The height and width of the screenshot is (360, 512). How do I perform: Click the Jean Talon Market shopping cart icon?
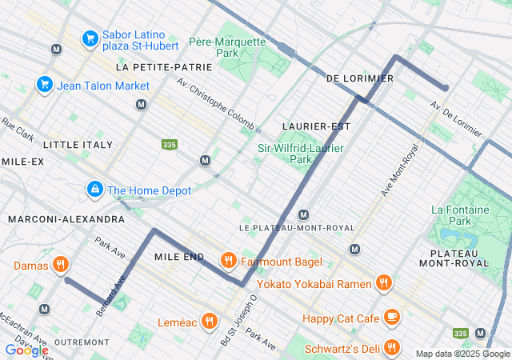tap(44, 85)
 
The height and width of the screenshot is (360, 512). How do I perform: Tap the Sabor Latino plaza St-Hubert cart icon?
tap(90, 38)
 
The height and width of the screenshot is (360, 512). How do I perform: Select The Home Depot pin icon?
tap(94, 190)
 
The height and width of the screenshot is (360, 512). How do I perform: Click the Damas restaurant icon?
tap(60, 264)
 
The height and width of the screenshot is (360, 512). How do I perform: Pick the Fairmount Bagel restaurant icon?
tap(228, 261)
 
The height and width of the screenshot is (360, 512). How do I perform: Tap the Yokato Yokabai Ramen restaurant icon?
tap(383, 283)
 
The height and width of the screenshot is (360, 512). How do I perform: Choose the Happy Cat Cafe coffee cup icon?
tap(391, 318)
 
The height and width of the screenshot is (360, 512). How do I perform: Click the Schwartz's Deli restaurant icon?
tap(391, 347)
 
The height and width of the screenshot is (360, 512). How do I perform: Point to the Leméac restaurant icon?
tap(209, 321)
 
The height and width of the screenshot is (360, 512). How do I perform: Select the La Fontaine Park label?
tap(460, 214)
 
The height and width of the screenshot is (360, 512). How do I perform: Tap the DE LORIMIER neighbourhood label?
tap(360, 78)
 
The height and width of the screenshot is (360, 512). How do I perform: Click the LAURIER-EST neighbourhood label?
tap(317, 126)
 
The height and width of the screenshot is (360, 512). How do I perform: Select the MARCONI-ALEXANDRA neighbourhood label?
tap(66, 218)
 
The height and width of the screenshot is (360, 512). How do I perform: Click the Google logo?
tap(26, 350)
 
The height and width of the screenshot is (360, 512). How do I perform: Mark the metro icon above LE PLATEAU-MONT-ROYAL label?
tap(303, 214)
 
